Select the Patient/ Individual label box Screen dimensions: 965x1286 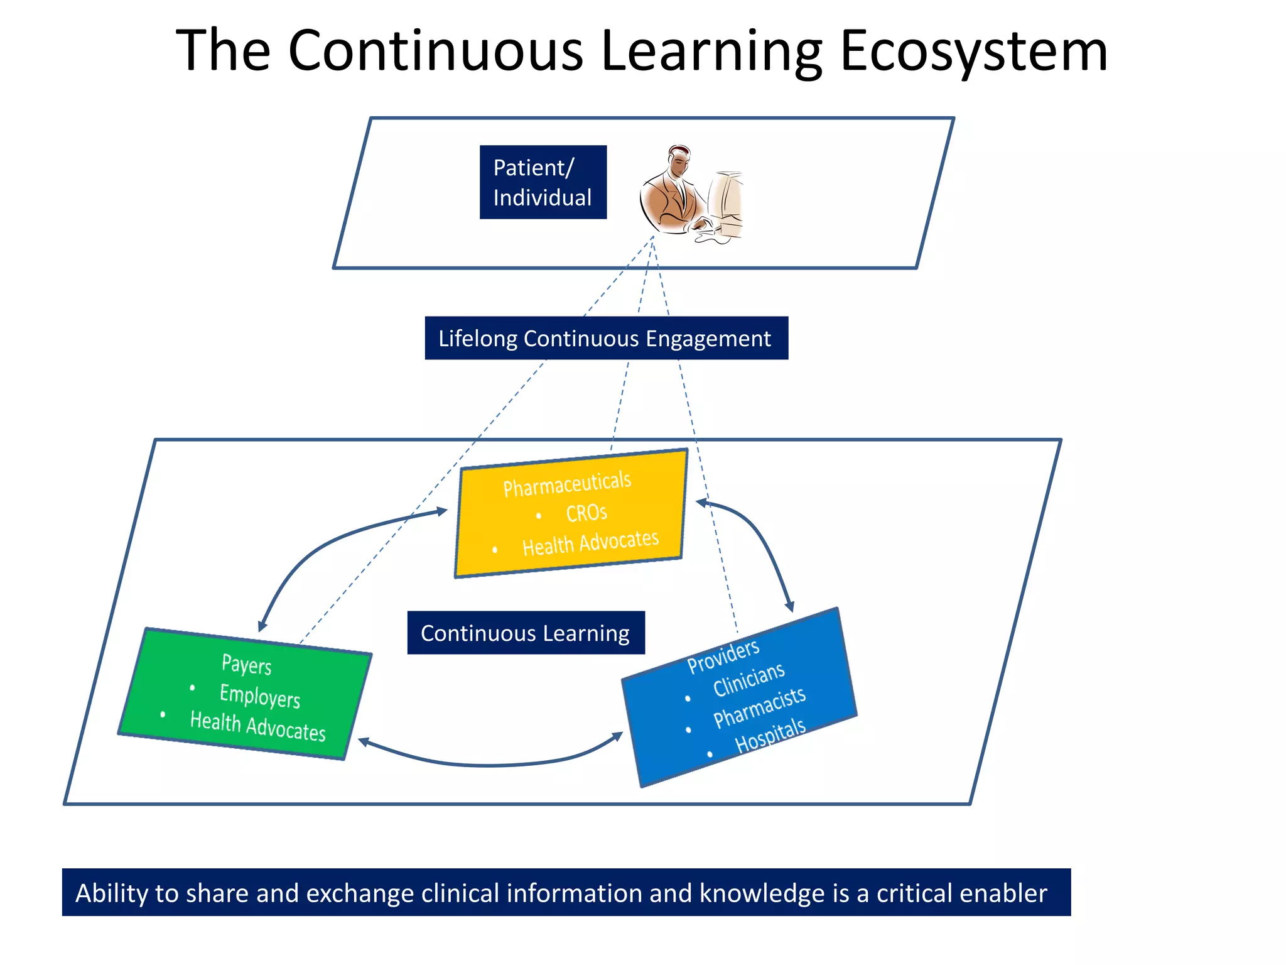(543, 182)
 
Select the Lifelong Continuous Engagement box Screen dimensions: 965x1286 (606, 338)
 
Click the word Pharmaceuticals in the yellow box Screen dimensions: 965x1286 (566, 484)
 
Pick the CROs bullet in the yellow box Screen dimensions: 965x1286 (586, 513)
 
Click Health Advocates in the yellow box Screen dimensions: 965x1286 (590, 543)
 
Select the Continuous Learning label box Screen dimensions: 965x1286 (526, 633)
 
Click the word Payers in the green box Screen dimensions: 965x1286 (246, 665)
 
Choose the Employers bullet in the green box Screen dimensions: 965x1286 (259, 696)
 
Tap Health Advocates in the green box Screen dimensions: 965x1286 (257, 726)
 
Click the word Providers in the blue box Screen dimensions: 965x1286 (723, 656)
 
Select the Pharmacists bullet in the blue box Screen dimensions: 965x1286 (759, 707)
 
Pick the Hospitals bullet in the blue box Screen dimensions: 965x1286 (770, 735)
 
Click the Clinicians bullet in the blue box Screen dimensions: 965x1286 (748, 679)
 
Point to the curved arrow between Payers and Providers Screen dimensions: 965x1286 (490, 764)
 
